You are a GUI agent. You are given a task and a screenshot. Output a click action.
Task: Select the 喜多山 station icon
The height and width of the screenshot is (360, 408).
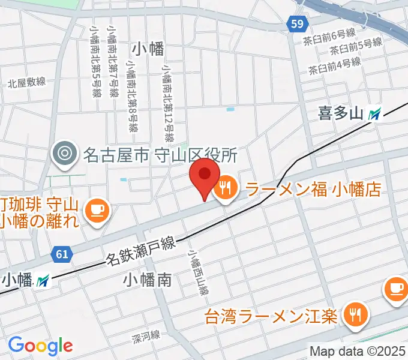pyautogui.click(x=375, y=113)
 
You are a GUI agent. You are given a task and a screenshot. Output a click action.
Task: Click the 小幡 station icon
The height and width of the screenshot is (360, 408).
pyautogui.click(x=43, y=280)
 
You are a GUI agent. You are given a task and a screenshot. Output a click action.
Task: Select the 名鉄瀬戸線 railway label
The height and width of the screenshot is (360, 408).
pyautogui.click(x=140, y=251)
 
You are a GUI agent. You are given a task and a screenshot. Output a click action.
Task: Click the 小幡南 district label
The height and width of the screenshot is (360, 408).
pyautogui.click(x=148, y=279)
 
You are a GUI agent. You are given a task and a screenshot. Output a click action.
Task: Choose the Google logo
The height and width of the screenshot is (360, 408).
pyautogui.click(x=40, y=345)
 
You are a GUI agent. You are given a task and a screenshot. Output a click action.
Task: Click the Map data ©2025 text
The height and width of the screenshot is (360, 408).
pyautogui.click(x=358, y=351)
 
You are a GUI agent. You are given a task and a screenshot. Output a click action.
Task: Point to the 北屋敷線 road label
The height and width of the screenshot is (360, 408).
pyautogui.click(x=27, y=83)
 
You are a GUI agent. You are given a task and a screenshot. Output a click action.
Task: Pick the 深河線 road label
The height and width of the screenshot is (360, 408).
pyautogui.click(x=145, y=337)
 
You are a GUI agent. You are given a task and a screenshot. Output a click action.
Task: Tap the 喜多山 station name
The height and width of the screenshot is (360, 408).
pyautogui.click(x=341, y=113)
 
